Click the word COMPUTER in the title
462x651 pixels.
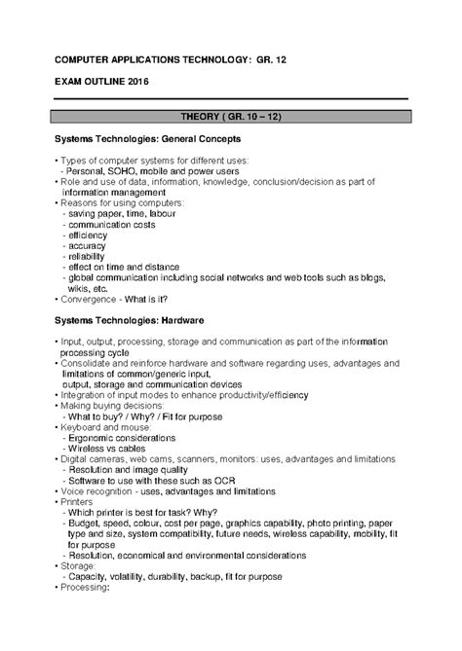[x=87, y=60]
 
